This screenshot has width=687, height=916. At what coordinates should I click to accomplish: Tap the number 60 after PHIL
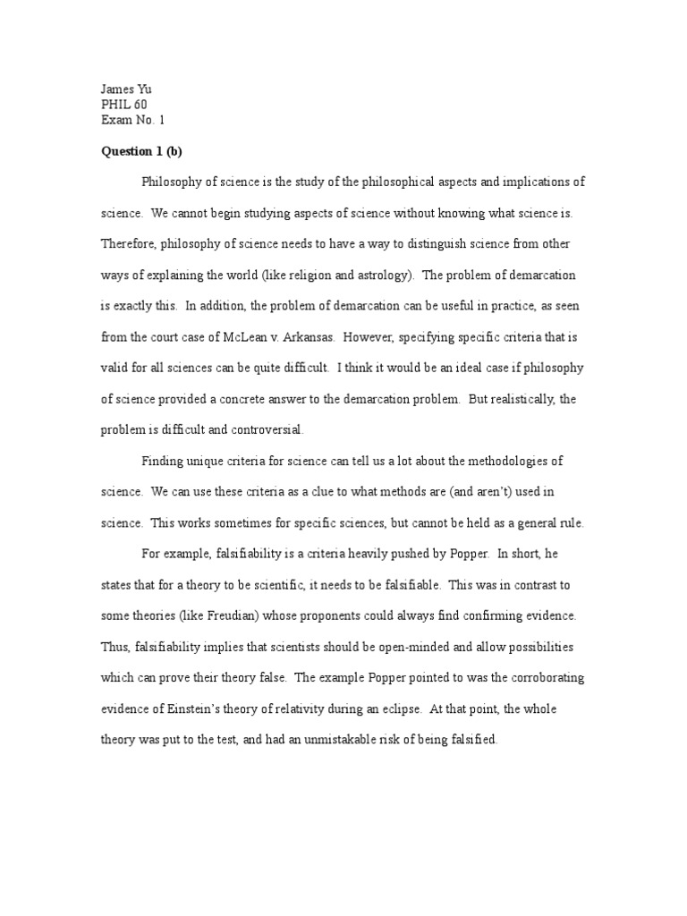pos(140,105)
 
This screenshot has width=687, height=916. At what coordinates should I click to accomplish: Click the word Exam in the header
pos(115,120)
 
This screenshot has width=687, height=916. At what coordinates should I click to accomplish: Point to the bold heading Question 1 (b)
pos(141,151)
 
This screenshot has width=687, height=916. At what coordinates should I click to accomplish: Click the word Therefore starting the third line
pos(128,243)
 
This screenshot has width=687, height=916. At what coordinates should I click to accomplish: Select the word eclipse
pos(394,708)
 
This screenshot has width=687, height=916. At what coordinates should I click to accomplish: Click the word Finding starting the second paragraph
pos(163,461)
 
